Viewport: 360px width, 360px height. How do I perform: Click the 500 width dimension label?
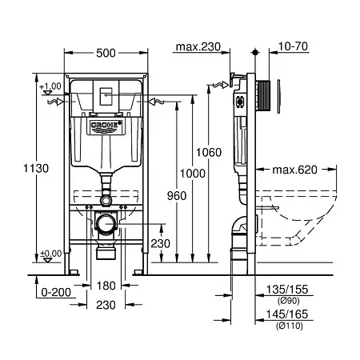tap(106, 53)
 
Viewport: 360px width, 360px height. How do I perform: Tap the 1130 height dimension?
tap(36, 169)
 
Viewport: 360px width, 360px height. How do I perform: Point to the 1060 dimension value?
tap(209, 152)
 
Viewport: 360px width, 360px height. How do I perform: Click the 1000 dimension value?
tap(193, 174)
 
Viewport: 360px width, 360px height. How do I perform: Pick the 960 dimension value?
tap(177, 196)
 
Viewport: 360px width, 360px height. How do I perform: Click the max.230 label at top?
tap(198, 47)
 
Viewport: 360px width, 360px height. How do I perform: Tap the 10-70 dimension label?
tap(293, 46)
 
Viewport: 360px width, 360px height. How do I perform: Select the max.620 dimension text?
tap(294, 170)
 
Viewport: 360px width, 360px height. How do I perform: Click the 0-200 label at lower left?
tap(56, 293)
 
